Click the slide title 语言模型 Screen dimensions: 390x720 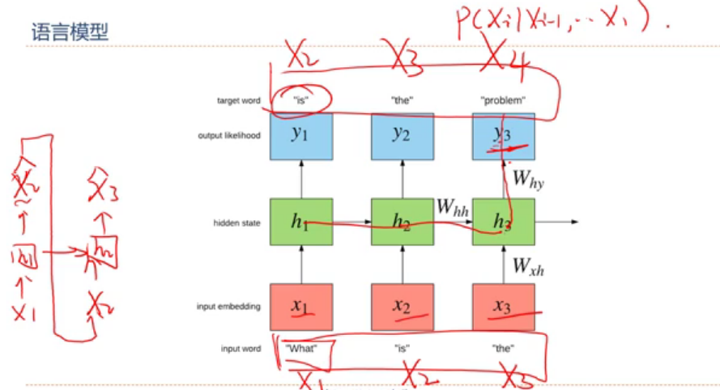coord(70,32)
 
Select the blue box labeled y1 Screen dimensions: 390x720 coord(300,135)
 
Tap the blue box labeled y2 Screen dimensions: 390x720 coord(403,135)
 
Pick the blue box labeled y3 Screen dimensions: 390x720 coord(504,135)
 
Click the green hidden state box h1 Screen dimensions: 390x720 coord(300,221)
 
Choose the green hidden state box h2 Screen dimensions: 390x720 coord(403,221)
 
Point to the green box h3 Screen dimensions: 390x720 coord(504,221)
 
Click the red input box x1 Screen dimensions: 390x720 coord(300,307)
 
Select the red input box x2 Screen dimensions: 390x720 coord(403,307)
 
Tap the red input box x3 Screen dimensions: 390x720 coord(504,307)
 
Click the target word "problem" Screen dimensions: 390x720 coord(503,101)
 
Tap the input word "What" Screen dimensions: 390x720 coord(300,349)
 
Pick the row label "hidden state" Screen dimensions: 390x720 coord(236,222)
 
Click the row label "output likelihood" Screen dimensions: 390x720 coord(229,135)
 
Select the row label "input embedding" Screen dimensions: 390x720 coord(228,307)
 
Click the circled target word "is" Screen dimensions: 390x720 coord(300,101)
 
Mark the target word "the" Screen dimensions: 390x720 coord(403,101)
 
